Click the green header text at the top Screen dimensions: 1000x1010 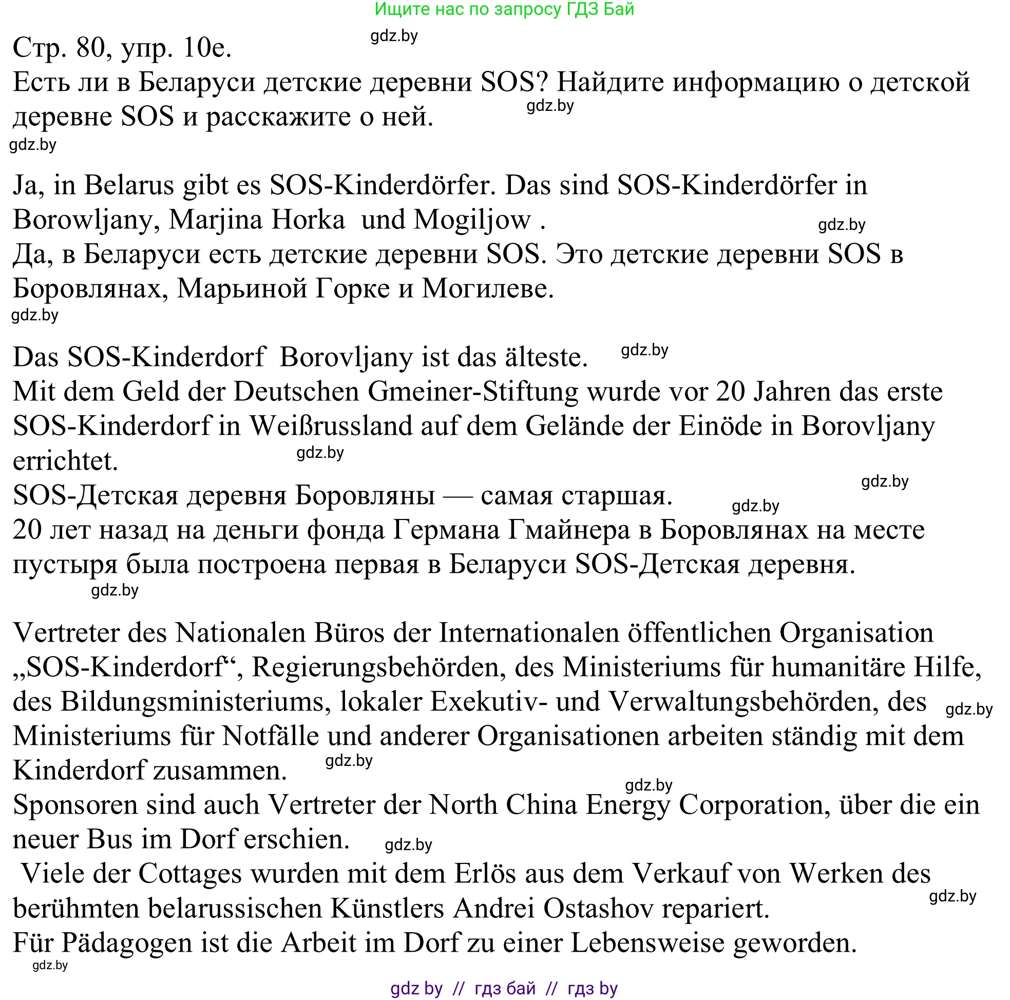point(504,9)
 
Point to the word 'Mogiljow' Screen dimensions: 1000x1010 point(472,220)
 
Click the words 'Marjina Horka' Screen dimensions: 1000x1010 point(257,220)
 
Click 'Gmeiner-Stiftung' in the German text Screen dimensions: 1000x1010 point(473,392)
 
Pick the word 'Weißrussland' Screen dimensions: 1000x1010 point(331,426)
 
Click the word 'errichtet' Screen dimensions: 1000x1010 point(65,461)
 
